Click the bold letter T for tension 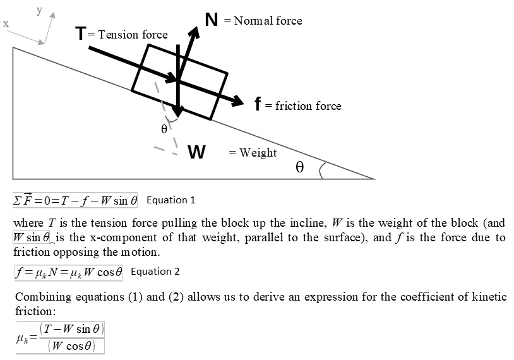point(81,33)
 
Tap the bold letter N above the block point(212,20)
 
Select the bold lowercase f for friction point(258,104)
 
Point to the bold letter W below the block point(196,153)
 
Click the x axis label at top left point(6,24)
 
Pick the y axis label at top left point(39,9)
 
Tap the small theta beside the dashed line point(164,129)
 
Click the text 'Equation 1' point(170,200)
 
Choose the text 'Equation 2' point(155,272)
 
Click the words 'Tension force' point(133,35)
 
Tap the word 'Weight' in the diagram point(258,152)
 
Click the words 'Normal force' point(268,21)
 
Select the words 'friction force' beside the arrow point(308,106)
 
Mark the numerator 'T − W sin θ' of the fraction point(71,329)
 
